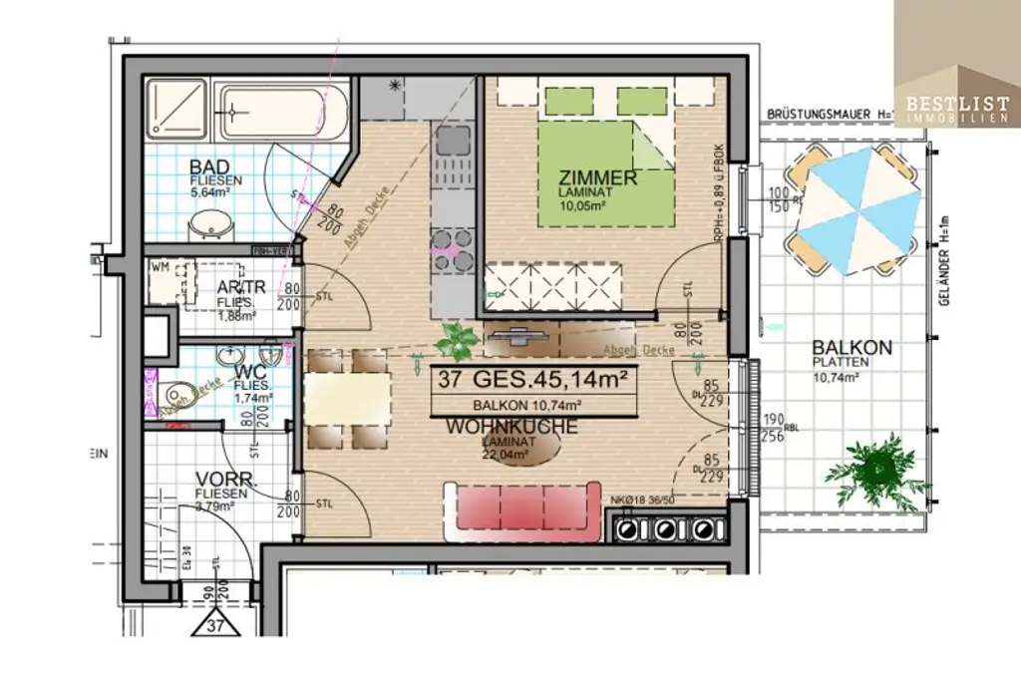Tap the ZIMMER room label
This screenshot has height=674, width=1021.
pos(598,178)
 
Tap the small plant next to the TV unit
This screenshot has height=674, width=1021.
pos(458,340)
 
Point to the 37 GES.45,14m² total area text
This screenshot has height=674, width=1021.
pos(532,379)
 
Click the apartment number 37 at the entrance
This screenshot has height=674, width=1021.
pos(215,625)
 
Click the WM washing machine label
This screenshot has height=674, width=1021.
pos(160,267)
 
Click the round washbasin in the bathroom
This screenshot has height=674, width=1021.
pos(210,225)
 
